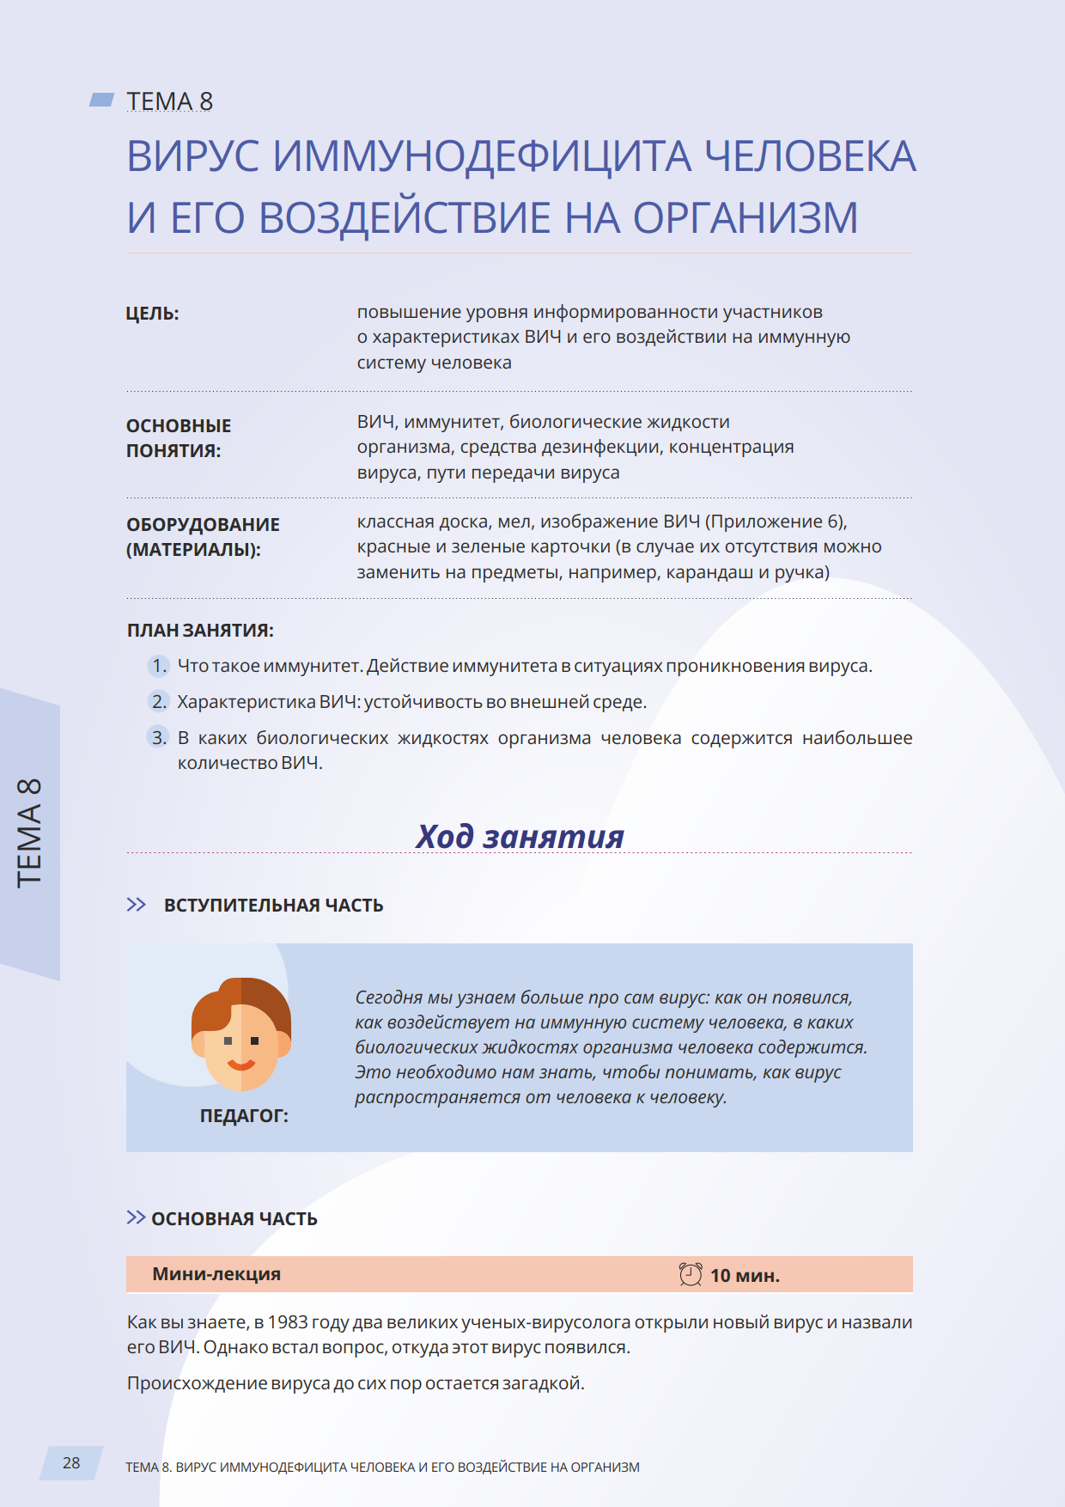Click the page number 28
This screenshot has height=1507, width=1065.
point(71,1463)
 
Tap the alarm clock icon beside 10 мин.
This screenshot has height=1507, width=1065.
point(691,1274)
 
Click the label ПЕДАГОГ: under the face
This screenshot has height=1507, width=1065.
point(244,1116)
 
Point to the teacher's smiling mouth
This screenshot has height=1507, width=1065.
point(241,1065)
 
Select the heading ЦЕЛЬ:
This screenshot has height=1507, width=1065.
point(152,314)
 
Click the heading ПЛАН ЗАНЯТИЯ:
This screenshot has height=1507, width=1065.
point(200,631)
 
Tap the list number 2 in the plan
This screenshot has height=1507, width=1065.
point(159,702)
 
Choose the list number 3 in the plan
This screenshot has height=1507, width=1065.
point(159,738)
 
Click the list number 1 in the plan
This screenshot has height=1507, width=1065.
point(159,666)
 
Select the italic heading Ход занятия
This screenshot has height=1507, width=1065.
point(520,836)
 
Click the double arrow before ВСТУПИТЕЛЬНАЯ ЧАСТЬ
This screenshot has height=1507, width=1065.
point(137,905)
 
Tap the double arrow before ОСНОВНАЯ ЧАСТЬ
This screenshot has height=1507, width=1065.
point(136,1217)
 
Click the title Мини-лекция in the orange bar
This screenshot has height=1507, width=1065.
point(216,1274)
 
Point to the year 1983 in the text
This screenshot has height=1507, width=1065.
point(287,1322)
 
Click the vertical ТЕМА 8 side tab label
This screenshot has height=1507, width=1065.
point(29,833)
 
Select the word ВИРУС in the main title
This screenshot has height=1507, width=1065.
point(192,157)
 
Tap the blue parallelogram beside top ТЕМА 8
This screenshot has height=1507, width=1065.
point(102,100)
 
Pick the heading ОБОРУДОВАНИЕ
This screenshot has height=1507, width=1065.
point(203,524)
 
